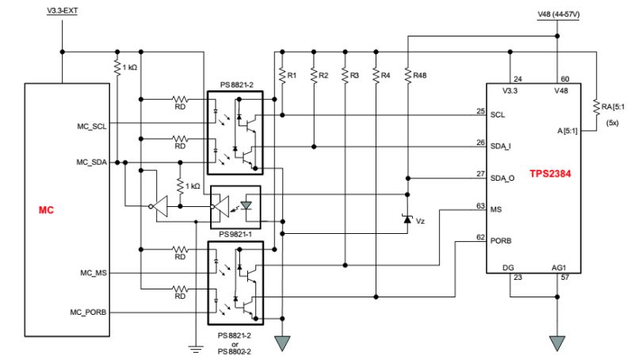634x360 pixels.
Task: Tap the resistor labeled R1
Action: (281, 75)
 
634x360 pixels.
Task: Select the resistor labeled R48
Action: (407, 75)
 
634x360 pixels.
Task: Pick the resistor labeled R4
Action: (376, 75)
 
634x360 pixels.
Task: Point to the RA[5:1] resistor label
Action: (613, 105)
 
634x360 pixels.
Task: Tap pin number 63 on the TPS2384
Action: (480, 205)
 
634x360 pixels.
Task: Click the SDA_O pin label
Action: (503, 178)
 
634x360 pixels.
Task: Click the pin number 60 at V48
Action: (566, 79)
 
